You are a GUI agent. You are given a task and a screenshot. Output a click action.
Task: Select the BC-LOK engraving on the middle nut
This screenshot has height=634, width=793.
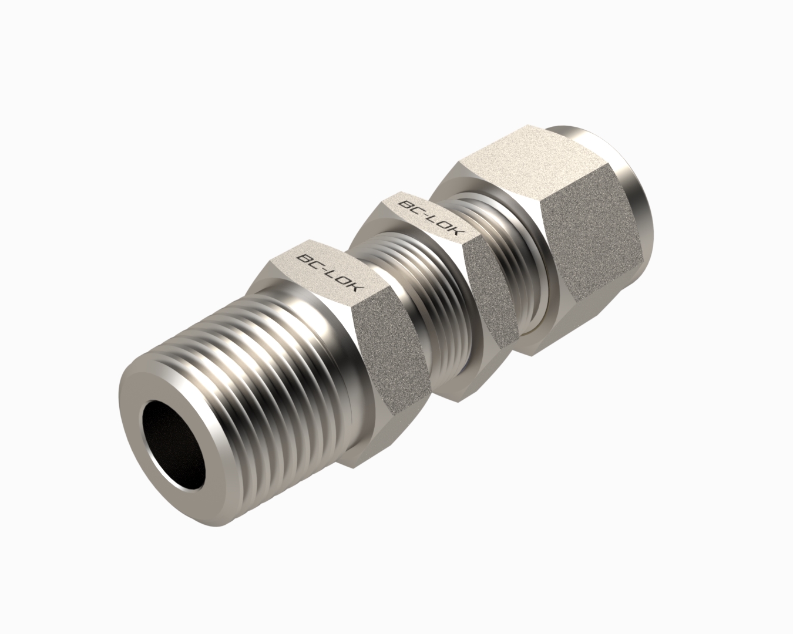click(x=433, y=220)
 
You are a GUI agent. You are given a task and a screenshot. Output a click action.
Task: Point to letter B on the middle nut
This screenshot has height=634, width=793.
click(x=405, y=205)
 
